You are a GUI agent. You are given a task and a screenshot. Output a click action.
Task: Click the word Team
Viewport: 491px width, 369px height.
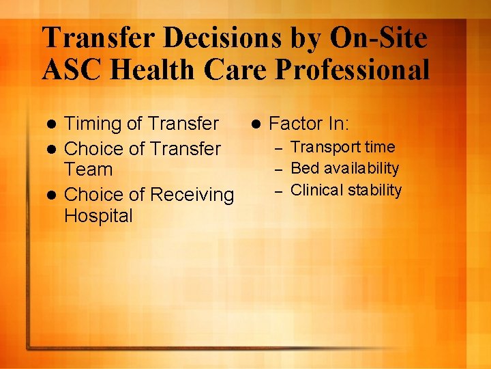point(88,169)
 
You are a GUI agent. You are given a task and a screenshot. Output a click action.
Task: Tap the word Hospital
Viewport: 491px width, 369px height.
point(98,216)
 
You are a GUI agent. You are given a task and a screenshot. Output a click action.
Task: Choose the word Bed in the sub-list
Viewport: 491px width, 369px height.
point(302,168)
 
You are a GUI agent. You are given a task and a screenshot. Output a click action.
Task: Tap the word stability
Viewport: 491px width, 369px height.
point(375,189)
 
